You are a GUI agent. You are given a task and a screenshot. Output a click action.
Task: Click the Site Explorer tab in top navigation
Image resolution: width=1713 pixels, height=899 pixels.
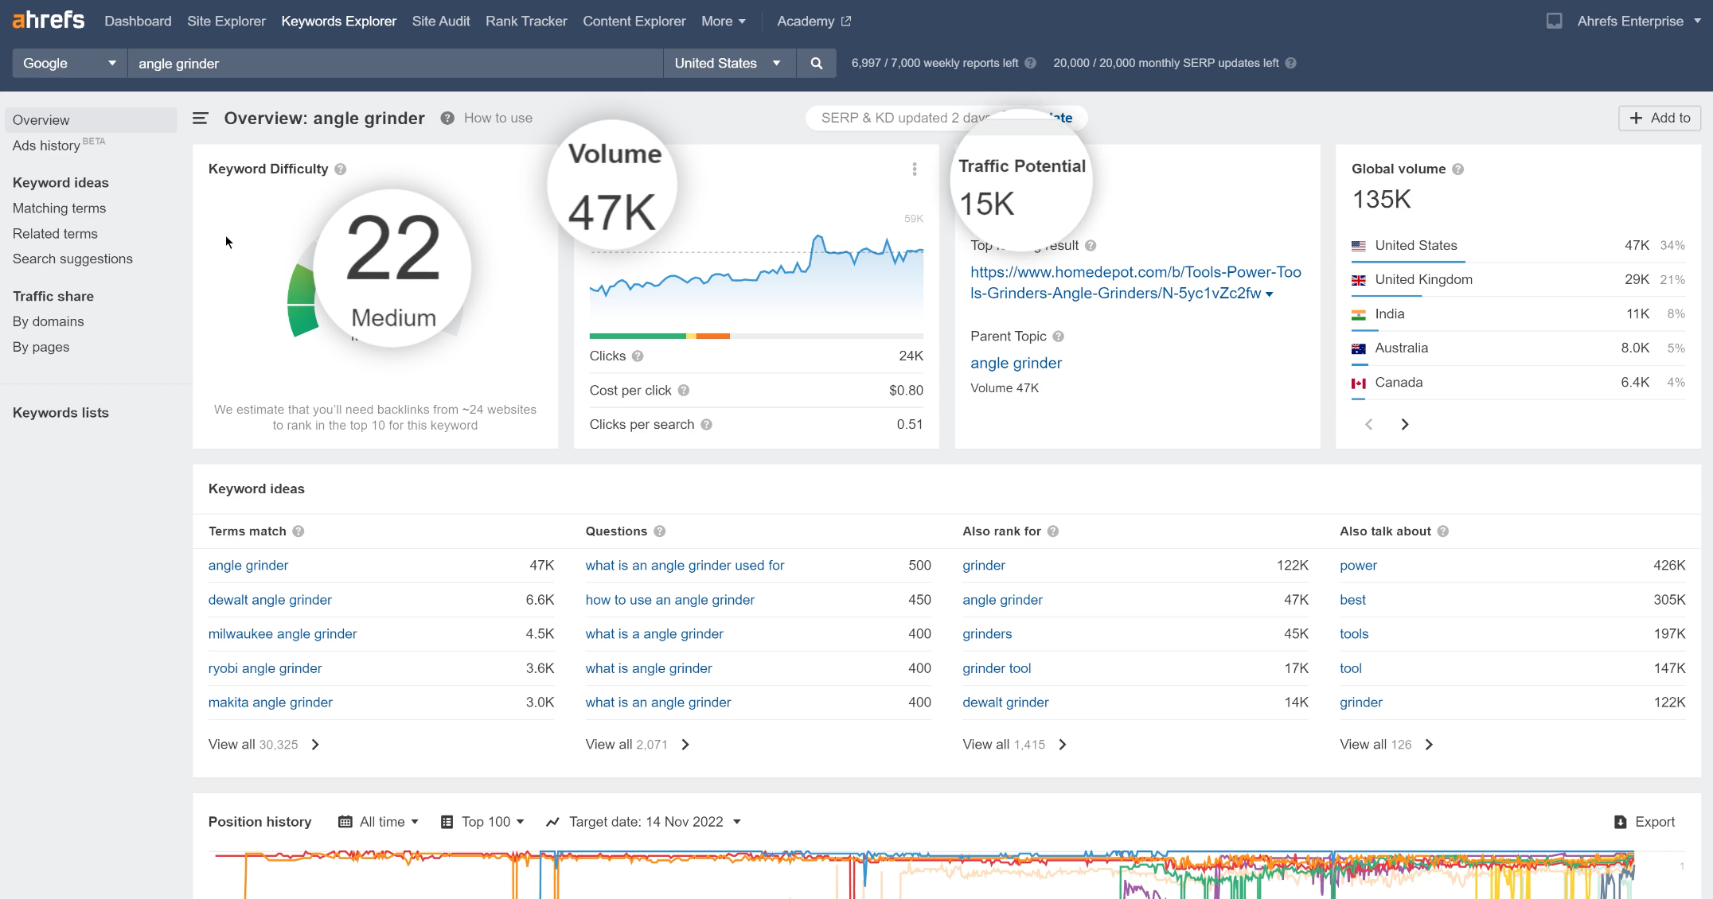[x=226, y=21]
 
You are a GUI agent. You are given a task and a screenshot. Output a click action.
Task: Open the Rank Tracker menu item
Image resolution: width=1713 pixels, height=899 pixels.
[x=526, y=21]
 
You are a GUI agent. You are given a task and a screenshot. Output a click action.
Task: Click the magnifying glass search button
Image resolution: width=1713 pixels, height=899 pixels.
[x=816, y=64]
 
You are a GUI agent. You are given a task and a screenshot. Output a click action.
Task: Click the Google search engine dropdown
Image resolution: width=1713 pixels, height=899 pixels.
[x=69, y=64]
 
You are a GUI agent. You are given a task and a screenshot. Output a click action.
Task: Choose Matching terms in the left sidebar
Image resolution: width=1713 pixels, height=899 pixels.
[x=59, y=208]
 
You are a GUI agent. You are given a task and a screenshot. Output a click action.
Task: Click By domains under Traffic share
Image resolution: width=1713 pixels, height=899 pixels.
[x=48, y=321]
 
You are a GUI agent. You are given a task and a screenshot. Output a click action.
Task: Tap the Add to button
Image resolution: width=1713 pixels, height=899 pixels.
[x=1660, y=118]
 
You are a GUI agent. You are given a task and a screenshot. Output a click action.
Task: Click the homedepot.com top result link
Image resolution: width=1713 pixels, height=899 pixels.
[x=1135, y=282]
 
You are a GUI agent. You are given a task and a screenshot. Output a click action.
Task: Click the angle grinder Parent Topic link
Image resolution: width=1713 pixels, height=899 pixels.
[x=1016, y=363]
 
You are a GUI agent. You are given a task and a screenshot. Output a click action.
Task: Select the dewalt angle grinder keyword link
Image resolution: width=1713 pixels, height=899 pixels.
[x=270, y=600]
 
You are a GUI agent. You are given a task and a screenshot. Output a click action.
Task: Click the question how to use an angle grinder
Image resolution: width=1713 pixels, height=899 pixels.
[x=669, y=600]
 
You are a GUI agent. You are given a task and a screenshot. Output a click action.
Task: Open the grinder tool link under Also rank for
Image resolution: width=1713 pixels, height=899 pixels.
[x=997, y=668]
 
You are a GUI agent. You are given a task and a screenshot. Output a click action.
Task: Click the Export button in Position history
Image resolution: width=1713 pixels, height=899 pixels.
[x=1645, y=822]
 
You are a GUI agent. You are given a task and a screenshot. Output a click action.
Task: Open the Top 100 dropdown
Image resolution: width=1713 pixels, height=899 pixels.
[x=483, y=822]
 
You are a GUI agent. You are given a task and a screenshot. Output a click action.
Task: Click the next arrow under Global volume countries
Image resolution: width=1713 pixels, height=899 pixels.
[x=1405, y=425]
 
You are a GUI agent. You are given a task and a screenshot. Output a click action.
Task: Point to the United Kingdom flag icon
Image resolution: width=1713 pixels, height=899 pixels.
[x=1359, y=280]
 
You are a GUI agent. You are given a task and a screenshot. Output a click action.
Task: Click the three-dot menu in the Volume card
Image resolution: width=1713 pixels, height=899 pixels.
[x=915, y=169]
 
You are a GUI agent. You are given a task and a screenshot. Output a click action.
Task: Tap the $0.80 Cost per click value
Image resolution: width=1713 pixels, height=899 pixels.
[x=906, y=391]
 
